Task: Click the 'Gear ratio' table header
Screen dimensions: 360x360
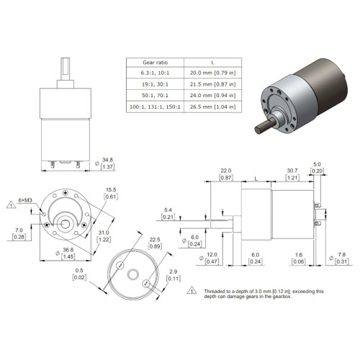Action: (x=155, y=63)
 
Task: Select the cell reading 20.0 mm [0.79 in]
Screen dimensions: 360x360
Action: (x=212, y=73)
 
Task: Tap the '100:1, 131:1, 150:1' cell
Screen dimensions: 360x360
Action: (x=155, y=107)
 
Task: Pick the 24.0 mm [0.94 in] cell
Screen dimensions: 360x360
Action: (x=212, y=95)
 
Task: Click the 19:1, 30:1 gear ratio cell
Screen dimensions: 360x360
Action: (x=155, y=84)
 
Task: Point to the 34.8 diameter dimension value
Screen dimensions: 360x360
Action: (x=107, y=160)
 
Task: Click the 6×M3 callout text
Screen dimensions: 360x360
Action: (x=25, y=200)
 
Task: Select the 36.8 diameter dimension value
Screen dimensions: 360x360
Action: (x=68, y=250)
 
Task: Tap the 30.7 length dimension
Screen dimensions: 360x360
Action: (x=292, y=171)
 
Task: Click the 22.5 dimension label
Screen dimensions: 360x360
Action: (x=155, y=240)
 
